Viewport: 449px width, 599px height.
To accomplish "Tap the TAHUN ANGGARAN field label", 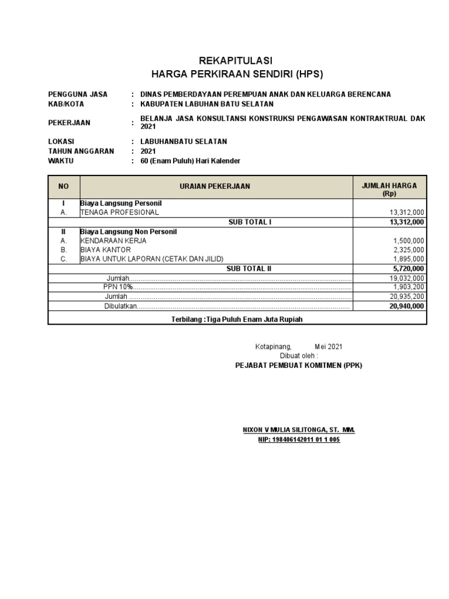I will click(81, 151).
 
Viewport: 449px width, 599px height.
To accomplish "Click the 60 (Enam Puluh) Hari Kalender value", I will click(191, 161).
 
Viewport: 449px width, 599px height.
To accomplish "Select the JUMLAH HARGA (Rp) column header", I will click(389, 189).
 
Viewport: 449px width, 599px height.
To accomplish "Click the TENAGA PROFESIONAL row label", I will click(119, 212).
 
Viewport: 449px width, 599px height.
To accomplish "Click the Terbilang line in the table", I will click(237, 319).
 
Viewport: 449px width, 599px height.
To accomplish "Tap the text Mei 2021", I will click(329, 347).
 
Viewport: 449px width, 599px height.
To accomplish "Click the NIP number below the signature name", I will click(298, 440).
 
